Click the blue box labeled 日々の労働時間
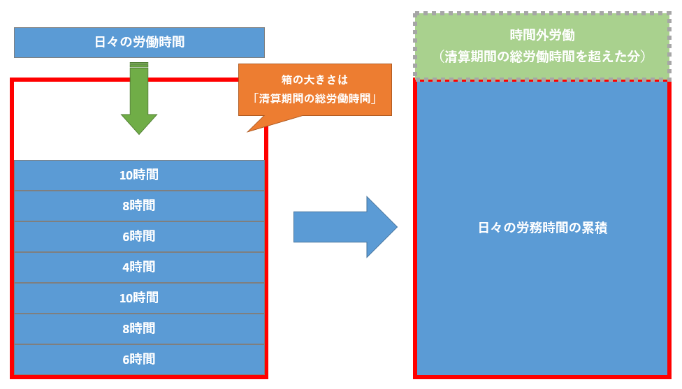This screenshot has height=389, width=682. [139, 42]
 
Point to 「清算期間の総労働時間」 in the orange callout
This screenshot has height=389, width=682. [314, 98]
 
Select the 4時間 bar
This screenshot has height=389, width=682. [139, 267]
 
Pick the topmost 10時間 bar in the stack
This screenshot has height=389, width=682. [139, 175]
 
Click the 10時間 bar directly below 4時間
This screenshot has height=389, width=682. [139, 298]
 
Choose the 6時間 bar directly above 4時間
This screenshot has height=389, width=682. [139, 236]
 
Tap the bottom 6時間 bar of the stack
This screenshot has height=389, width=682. [139, 359]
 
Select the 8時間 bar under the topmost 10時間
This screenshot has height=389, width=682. [139, 205]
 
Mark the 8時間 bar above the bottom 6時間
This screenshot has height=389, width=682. [139, 328]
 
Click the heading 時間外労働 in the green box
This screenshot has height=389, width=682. [542, 36]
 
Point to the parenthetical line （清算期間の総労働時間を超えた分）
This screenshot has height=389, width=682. [542, 57]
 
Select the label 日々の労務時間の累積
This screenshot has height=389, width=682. [542, 228]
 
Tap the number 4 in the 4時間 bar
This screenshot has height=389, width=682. [126, 267]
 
